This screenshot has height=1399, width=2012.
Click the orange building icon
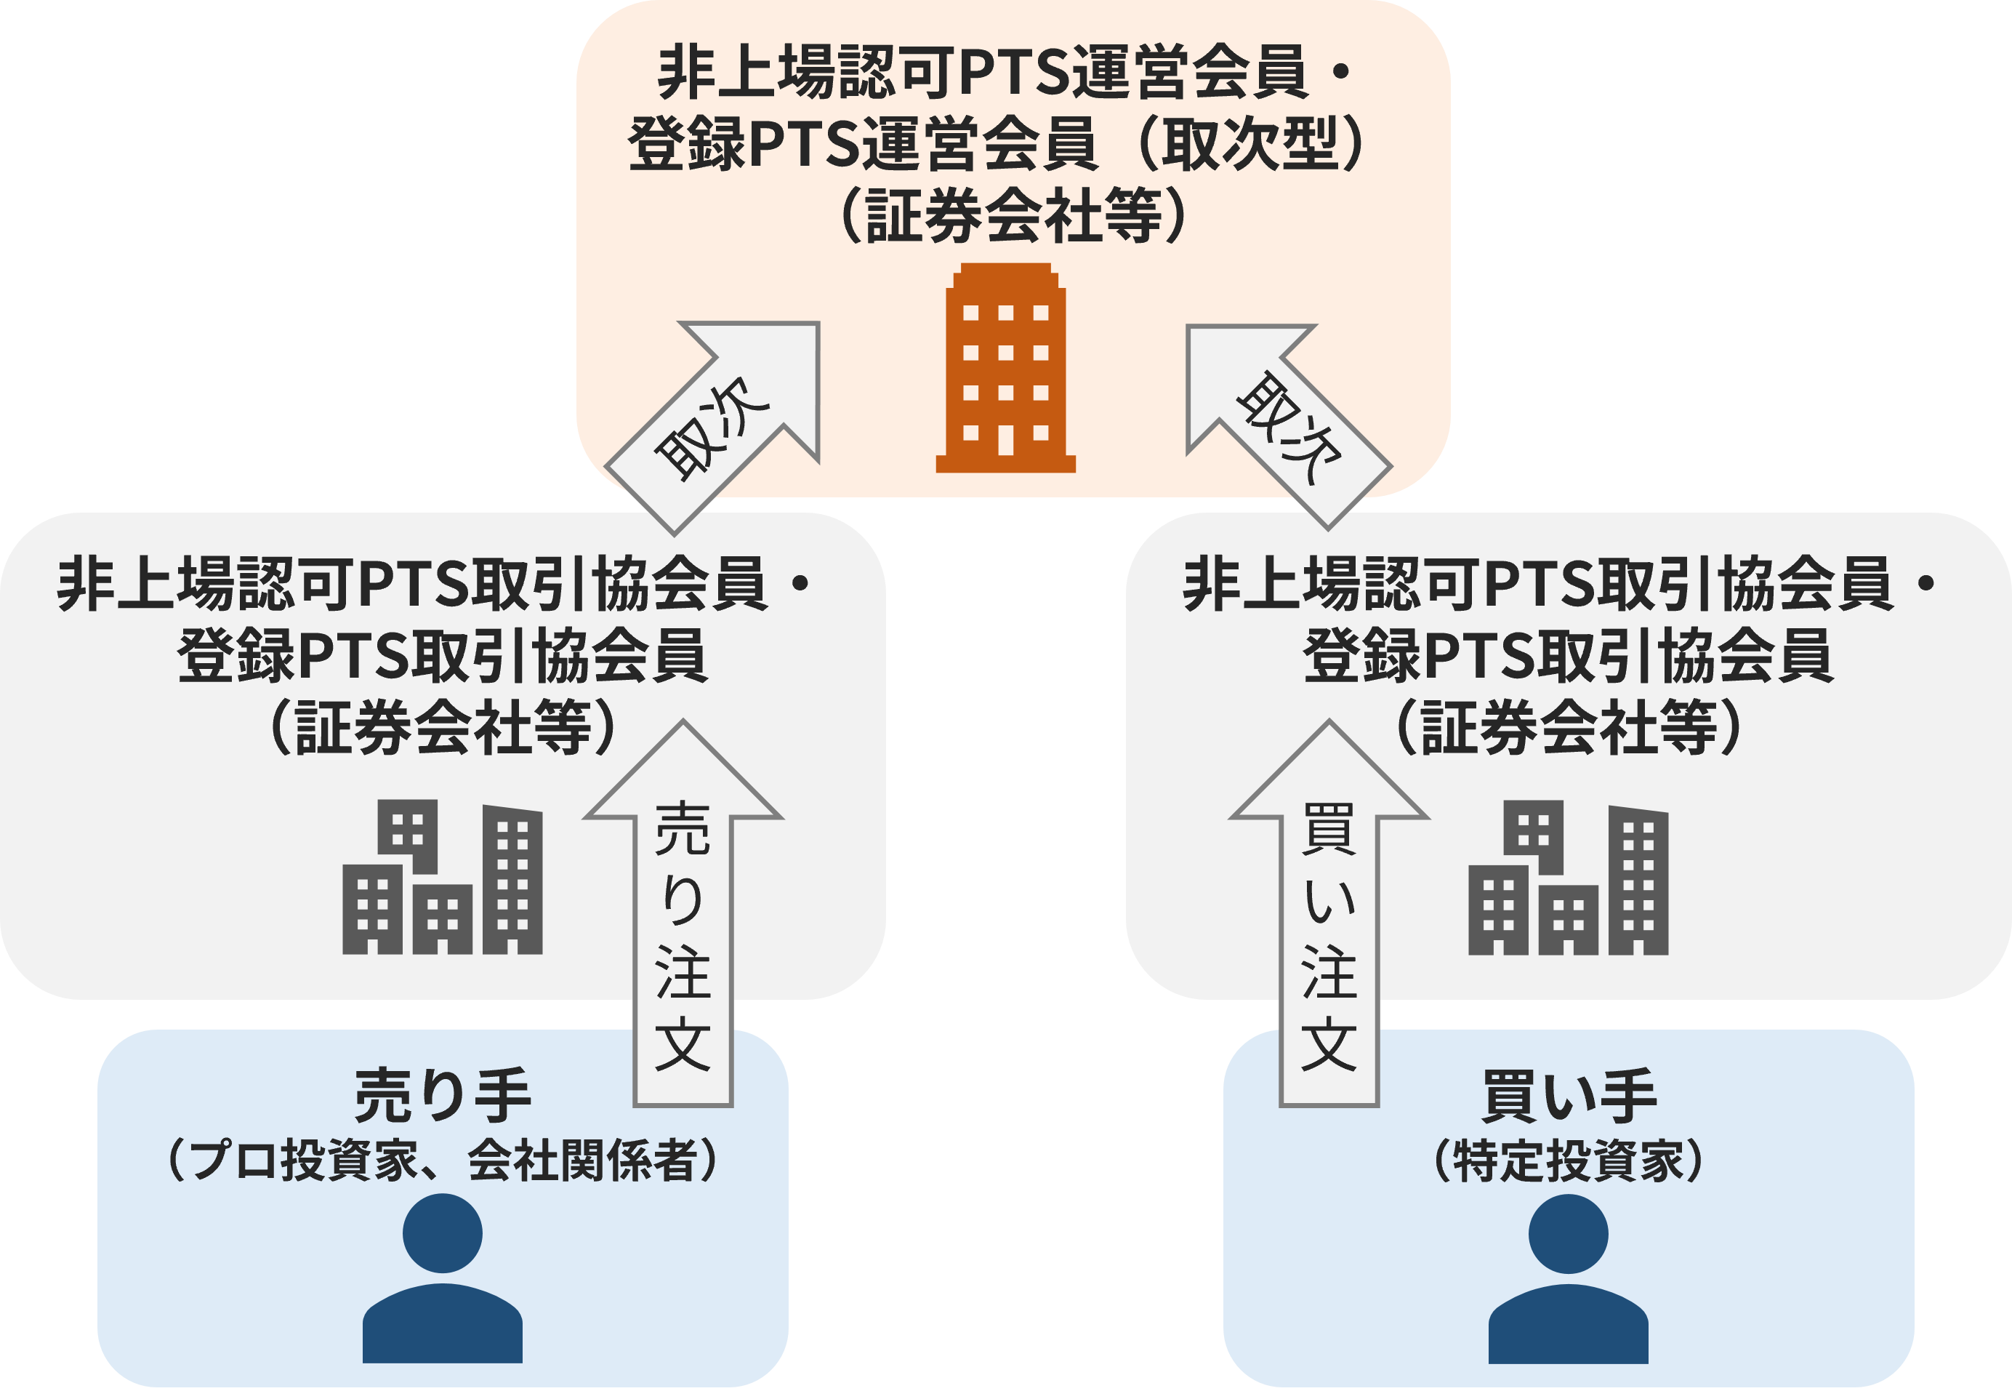1005,368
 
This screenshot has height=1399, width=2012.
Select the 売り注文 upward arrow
683,921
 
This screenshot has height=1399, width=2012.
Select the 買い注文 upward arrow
1329,921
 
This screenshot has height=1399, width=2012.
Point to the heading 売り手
443,1096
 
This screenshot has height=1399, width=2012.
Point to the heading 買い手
1568,1096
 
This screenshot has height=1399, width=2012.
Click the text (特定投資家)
1568,1161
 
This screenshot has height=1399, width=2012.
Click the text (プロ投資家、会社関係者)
443,1161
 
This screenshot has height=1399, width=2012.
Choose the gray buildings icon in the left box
443,877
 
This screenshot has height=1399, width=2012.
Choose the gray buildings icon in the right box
1568,877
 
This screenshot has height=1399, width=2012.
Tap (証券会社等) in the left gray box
443,728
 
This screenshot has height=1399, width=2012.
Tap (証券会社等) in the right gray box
1568,728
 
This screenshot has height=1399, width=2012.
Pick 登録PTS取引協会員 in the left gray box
443,656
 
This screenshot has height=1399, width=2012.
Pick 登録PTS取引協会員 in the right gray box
1568,656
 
